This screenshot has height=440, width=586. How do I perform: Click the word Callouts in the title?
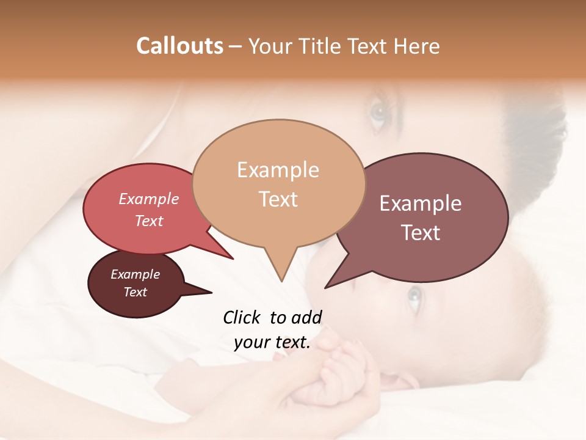(x=179, y=46)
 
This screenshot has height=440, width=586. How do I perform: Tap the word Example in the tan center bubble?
(x=278, y=170)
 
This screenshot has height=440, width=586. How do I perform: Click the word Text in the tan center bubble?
(x=278, y=199)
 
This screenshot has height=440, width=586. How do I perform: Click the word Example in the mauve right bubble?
(x=421, y=204)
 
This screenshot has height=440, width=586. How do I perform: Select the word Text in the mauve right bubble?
(x=421, y=233)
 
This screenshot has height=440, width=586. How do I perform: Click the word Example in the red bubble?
(x=149, y=199)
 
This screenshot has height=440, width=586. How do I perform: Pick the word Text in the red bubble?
(x=149, y=221)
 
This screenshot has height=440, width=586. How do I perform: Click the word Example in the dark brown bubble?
(x=136, y=274)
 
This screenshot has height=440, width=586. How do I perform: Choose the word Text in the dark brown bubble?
(x=136, y=292)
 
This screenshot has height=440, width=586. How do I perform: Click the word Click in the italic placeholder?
(x=243, y=317)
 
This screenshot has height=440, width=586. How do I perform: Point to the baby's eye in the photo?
(x=414, y=297)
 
